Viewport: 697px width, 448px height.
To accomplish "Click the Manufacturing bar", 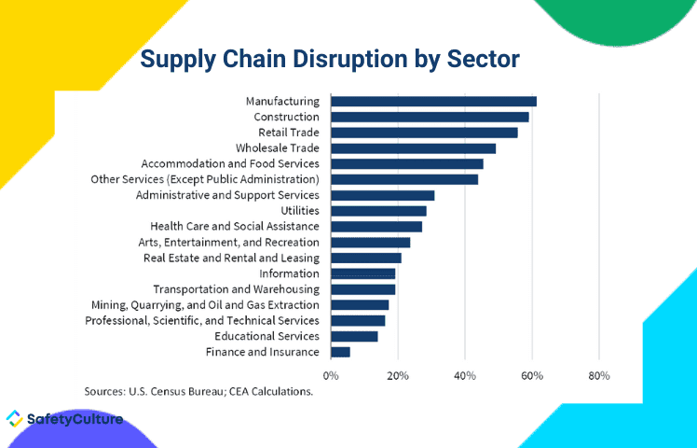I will (433, 101).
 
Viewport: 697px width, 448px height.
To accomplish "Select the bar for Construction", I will (430, 117).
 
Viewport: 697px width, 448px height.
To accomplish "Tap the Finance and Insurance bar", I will (341, 352).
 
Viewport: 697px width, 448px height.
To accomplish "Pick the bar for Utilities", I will (378, 211).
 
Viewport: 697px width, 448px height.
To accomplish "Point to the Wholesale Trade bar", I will (413, 147).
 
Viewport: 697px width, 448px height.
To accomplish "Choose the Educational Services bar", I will (354, 336).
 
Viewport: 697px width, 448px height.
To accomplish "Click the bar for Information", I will (363, 273).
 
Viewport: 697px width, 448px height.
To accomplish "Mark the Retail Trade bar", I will (424, 133).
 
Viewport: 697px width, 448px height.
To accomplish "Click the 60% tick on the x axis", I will (532, 375).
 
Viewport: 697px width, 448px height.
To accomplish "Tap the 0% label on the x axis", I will (331, 375).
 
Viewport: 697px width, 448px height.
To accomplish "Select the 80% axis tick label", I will (599, 375).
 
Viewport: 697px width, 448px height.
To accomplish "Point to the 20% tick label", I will (398, 375).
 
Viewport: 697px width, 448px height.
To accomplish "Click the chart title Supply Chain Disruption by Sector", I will (330, 59).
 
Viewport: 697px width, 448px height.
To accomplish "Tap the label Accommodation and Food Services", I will (230, 163).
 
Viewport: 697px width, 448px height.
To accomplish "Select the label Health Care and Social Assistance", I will (235, 226).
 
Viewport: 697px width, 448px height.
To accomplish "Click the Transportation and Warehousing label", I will (236, 289).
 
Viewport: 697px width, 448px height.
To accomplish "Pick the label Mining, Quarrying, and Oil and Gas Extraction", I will (205, 304).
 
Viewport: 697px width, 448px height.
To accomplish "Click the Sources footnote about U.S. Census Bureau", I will (198, 392).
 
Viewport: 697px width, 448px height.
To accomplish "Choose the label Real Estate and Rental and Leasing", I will (231, 258).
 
